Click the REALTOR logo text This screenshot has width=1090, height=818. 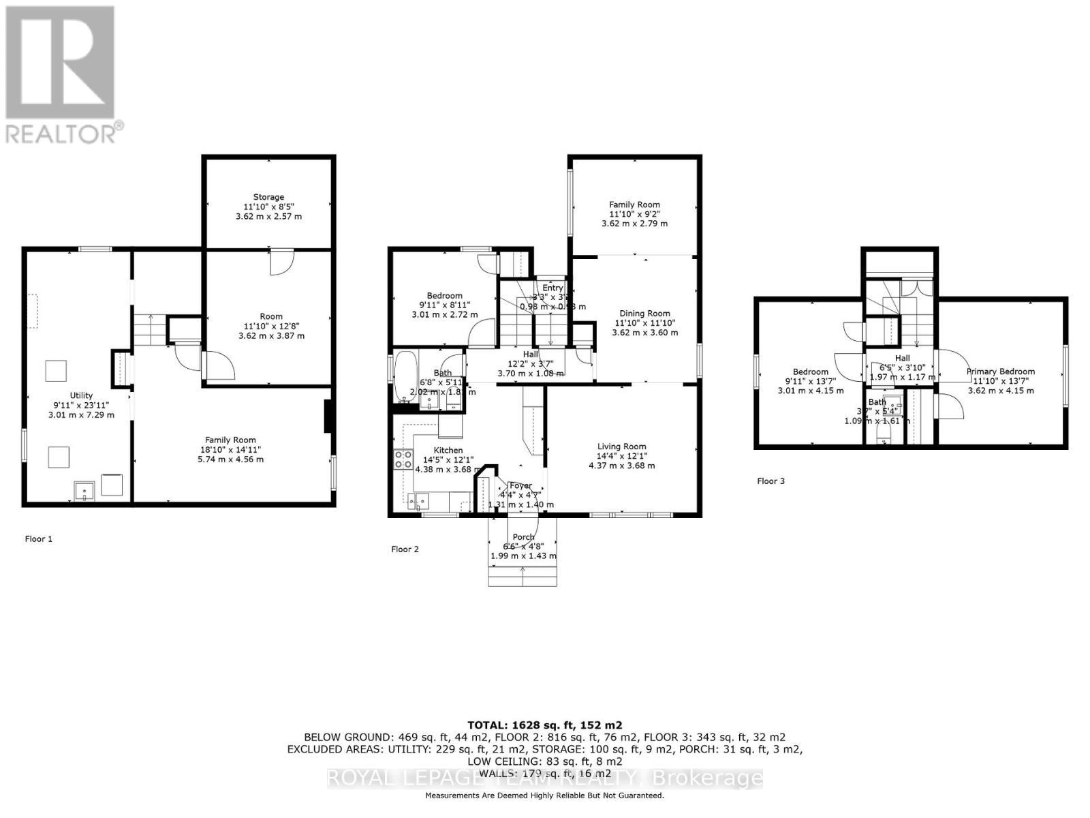coord(65,133)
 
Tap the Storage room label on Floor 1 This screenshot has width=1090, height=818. coord(268,197)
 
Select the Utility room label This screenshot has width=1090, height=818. coord(81,395)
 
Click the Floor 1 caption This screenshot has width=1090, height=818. coord(39,539)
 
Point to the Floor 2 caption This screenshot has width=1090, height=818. coord(405,549)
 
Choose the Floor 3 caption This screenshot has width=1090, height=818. coord(770,481)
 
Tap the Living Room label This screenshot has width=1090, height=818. coord(621,446)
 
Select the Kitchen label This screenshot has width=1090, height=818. coord(448,450)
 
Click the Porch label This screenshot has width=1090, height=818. coord(523,537)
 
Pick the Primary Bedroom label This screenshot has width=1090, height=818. coord(1000,372)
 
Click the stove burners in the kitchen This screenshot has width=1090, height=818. coord(403,459)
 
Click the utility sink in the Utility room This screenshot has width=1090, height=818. coord(84,490)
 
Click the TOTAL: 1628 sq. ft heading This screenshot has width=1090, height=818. coord(544,725)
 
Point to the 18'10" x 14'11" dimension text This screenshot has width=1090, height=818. coord(230,450)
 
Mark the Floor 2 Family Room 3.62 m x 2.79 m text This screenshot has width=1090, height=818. coord(634,224)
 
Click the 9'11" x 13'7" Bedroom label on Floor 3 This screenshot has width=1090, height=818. coord(810,381)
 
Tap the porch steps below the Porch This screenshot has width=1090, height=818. coord(523,577)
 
